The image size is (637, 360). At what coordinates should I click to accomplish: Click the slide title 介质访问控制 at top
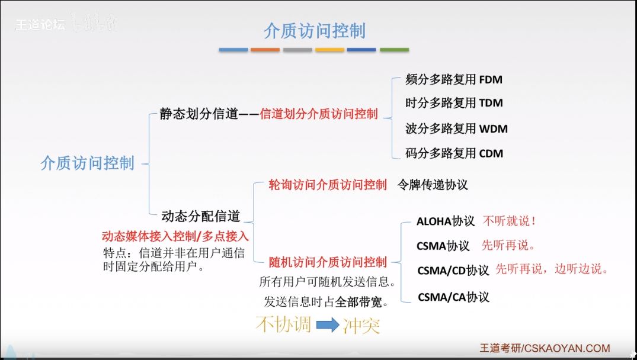[315, 31]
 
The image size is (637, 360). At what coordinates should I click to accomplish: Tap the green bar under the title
[394, 50]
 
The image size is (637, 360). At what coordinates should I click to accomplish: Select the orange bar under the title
[265, 50]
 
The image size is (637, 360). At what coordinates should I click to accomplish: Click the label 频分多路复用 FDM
[454, 79]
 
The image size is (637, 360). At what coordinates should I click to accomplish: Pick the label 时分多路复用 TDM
[454, 103]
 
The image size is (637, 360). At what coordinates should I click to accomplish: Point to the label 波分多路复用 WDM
[456, 128]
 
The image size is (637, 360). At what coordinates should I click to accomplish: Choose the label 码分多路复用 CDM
[454, 154]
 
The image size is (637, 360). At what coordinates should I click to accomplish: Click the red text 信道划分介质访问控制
[319, 114]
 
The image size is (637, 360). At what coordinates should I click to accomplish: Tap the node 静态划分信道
[199, 114]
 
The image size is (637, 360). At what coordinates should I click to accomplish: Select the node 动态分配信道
[201, 217]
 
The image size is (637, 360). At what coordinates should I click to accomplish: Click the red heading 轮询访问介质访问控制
[328, 185]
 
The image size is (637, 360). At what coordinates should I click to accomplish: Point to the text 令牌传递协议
[433, 185]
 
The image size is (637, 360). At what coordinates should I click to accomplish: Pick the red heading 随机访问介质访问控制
[328, 262]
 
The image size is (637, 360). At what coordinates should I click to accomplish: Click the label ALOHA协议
[446, 221]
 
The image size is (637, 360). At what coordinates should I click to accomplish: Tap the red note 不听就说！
[510, 221]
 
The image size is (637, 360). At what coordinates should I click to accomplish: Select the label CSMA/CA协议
[453, 297]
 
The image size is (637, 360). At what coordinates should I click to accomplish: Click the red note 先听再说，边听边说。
[552, 269]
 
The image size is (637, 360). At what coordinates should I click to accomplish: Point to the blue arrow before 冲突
[327, 324]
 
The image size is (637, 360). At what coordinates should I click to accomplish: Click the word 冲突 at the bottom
[361, 325]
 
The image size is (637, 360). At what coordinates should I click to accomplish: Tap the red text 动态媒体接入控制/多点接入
[175, 236]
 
